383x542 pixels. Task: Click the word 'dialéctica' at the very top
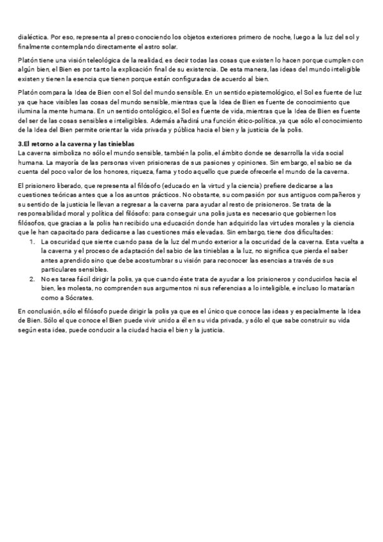tap(32, 37)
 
